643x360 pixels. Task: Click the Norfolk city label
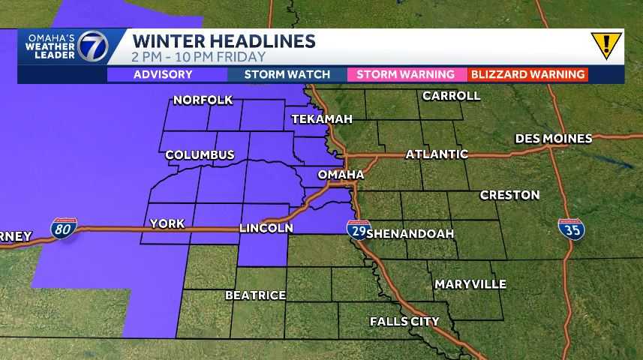(203, 100)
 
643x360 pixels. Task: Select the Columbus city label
(200, 154)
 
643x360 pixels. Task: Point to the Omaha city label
(341, 174)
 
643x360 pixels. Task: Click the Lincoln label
(265, 227)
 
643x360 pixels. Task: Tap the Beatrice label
(255, 295)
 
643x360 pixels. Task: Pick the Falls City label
(404, 322)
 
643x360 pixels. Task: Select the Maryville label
(470, 284)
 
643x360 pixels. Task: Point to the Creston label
(509, 195)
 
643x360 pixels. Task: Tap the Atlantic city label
(437, 154)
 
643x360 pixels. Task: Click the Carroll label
(451, 96)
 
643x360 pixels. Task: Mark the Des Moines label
(554, 139)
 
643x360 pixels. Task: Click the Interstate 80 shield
(63, 229)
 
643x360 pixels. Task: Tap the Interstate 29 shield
(357, 229)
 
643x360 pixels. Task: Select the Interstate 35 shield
(569, 229)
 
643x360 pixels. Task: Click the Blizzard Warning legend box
(527, 74)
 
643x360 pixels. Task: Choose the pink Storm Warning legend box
(406, 74)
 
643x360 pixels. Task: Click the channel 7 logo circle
(94, 47)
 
